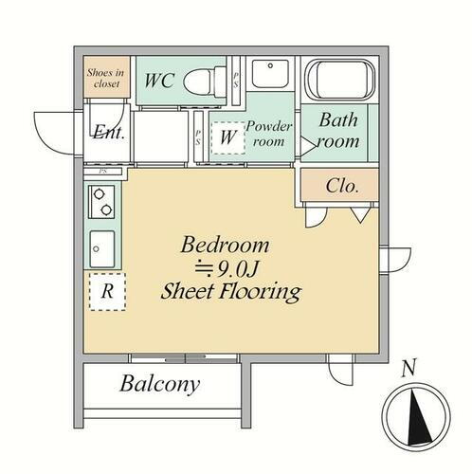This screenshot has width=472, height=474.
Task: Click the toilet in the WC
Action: click(205, 82)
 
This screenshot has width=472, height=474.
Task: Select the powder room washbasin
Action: click(270, 74)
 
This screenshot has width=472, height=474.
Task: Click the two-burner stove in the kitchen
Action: click(101, 202)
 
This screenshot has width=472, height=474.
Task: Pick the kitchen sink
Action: click(102, 249)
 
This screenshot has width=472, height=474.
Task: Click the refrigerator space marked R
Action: click(107, 292)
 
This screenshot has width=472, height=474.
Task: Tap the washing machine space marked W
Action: click(228, 137)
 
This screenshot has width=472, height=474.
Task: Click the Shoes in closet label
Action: click(105, 78)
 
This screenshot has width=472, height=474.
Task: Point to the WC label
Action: click(159, 81)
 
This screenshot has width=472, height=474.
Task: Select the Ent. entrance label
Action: click(109, 132)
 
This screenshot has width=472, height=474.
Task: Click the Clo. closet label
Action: click(342, 186)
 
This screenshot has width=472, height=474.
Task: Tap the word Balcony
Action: click(160, 384)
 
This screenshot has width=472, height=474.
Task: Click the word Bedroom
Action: click(225, 245)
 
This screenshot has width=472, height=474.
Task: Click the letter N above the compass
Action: click(408, 368)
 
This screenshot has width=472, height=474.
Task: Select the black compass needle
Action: click(418, 418)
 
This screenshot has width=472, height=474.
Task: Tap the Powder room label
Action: click(268, 134)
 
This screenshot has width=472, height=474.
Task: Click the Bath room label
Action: click(338, 131)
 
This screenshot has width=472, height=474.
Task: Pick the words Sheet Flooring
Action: click(231, 292)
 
